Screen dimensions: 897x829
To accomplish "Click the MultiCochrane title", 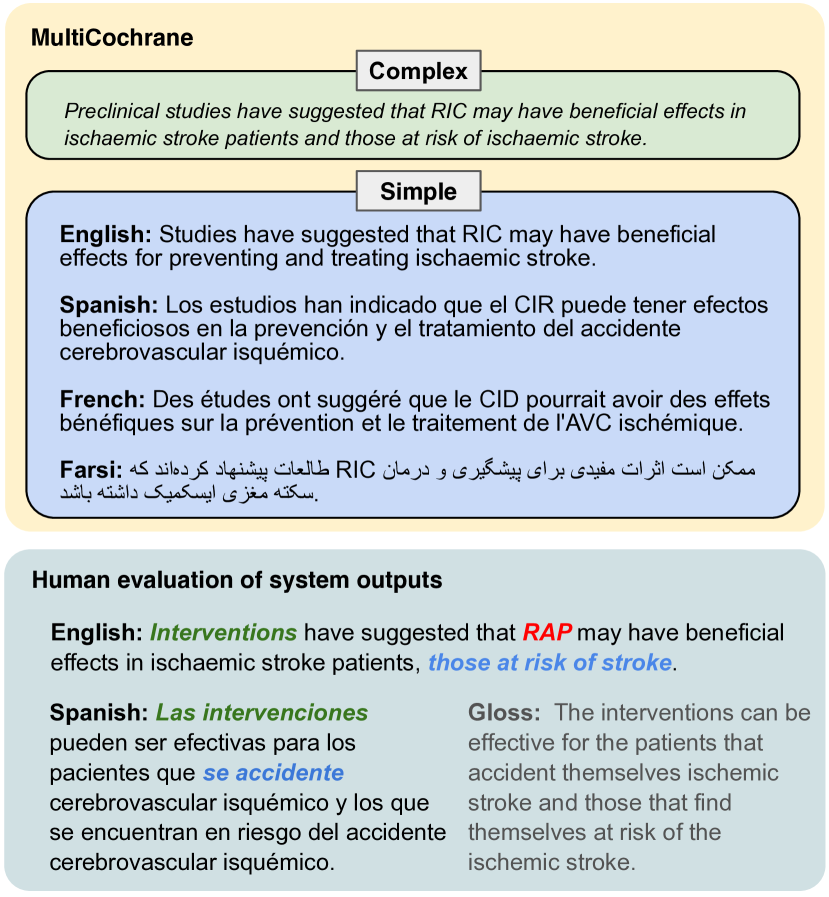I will tap(112, 38).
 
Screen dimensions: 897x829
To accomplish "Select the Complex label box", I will tap(418, 71).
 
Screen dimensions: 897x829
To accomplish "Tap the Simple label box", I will tap(418, 191).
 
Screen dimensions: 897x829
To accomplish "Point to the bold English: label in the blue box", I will tap(105, 235).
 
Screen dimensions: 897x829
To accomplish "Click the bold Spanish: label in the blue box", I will tap(109, 305).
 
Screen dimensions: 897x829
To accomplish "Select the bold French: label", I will tap(104, 399).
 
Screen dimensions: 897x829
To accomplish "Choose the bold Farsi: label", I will tap(91, 469).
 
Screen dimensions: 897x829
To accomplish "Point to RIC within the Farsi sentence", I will tap(354, 469).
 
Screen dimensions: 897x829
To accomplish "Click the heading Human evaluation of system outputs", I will tap(237, 580).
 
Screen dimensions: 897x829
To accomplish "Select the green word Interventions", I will tap(223, 633).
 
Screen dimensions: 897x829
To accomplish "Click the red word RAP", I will tap(546, 633).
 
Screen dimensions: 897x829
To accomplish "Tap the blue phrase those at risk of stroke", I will tap(550, 662).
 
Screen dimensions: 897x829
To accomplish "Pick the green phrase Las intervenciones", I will tap(262, 713).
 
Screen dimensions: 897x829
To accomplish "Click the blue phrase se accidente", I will tap(273, 773).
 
